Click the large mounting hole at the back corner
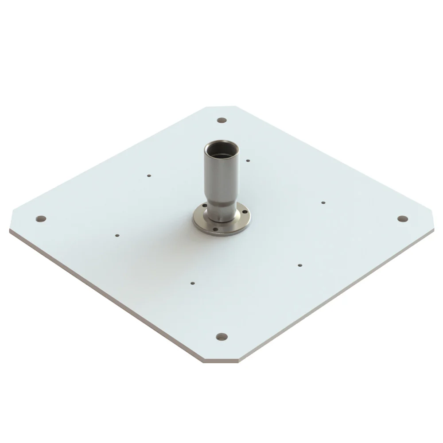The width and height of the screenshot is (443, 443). tap(222, 120)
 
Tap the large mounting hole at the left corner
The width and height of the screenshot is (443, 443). tap(41, 218)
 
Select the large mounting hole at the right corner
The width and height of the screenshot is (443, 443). tap(402, 219)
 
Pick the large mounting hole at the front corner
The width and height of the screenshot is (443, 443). tap(222, 337)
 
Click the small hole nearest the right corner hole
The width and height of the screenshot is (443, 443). tap(323, 202)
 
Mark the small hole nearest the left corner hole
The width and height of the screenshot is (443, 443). tap(117, 236)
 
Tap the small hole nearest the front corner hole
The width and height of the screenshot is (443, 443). tap(193, 282)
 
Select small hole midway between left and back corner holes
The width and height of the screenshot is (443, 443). tap(149, 175)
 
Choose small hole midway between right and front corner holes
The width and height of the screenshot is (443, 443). tap(300, 265)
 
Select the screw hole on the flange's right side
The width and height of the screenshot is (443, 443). tap(241, 213)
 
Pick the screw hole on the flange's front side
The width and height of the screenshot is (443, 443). tap(215, 229)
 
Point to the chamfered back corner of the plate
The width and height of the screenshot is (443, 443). tap(221, 108)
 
